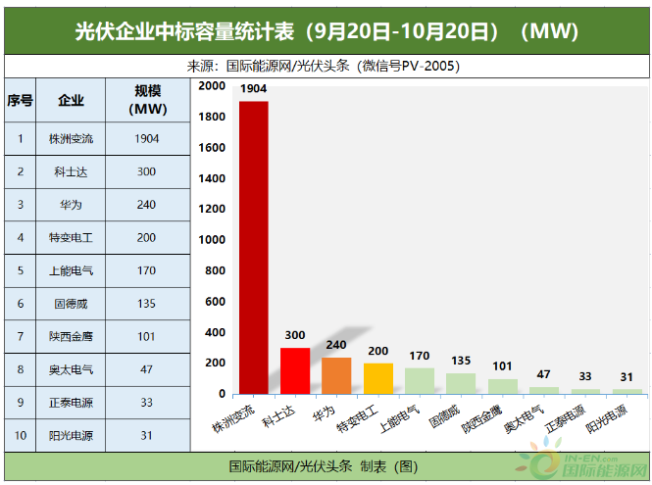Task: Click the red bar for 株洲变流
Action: (x=253, y=245)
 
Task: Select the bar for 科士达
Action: (x=295, y=370)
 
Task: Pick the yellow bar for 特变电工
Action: (x=377, y=378)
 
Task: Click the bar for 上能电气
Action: (x=419, y=381)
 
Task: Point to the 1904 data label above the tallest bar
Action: (x=253, y=89)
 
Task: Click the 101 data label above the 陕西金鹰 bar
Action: (x=502, y=367)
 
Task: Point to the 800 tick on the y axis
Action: (x=216, y=271)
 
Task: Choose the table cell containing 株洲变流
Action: (x=71, y=138)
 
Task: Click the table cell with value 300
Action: (x=146, y=171)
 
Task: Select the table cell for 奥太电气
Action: (x=71, y=370)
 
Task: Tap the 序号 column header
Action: (x=20, y=101)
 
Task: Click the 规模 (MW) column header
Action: (x=146, y=101)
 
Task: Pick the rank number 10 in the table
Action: (x=20, y=436)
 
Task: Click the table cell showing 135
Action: (x=146, y=304)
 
